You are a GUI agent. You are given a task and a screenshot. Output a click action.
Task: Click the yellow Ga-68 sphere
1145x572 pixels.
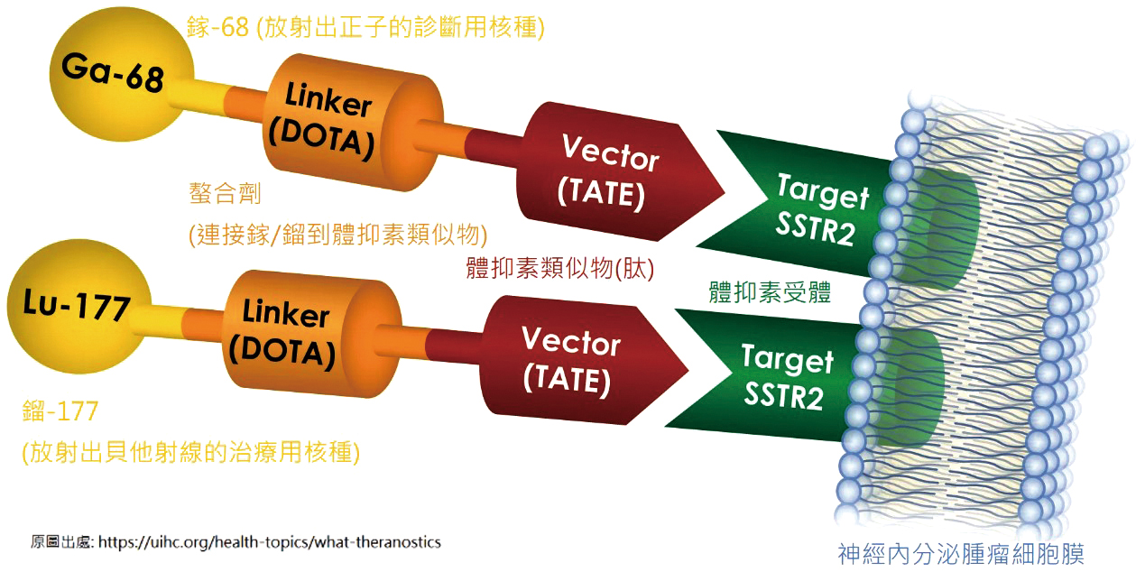click(122, 74)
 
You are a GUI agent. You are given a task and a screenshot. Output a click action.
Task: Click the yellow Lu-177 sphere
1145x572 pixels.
click(79, 307)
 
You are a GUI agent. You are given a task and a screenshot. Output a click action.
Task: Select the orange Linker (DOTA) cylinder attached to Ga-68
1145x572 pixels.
click(353, 123)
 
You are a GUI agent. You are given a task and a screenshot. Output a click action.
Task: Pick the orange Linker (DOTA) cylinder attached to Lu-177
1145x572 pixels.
click(312, 334)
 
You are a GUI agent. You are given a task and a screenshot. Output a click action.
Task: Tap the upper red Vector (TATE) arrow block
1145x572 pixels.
click(618, 171)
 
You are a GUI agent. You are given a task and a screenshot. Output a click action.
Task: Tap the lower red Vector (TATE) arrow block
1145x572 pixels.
click(583, 360)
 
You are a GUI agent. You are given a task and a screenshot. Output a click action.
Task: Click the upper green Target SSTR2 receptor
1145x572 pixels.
click(838, 209)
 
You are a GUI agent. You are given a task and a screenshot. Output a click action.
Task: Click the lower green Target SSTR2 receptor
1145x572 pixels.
click(805, 378)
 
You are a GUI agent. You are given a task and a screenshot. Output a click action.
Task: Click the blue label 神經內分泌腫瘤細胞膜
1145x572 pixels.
click(961, 555)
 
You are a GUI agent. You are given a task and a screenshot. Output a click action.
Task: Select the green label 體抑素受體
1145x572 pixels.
click(770, 292)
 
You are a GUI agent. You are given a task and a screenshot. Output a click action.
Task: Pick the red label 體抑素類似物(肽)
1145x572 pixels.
click(560, 268)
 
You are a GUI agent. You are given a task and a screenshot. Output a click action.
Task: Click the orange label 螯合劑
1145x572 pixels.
click(225, 193)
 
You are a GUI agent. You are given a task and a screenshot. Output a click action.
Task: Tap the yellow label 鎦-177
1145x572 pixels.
click(60, 411)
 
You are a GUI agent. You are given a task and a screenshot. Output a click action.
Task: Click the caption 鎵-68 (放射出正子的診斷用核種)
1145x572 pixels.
click(366, 26)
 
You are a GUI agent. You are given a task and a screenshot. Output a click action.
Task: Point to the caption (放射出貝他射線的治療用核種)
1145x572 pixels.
click(190, 452)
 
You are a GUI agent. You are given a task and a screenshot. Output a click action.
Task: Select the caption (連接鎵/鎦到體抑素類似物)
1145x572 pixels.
click(337, 235)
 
